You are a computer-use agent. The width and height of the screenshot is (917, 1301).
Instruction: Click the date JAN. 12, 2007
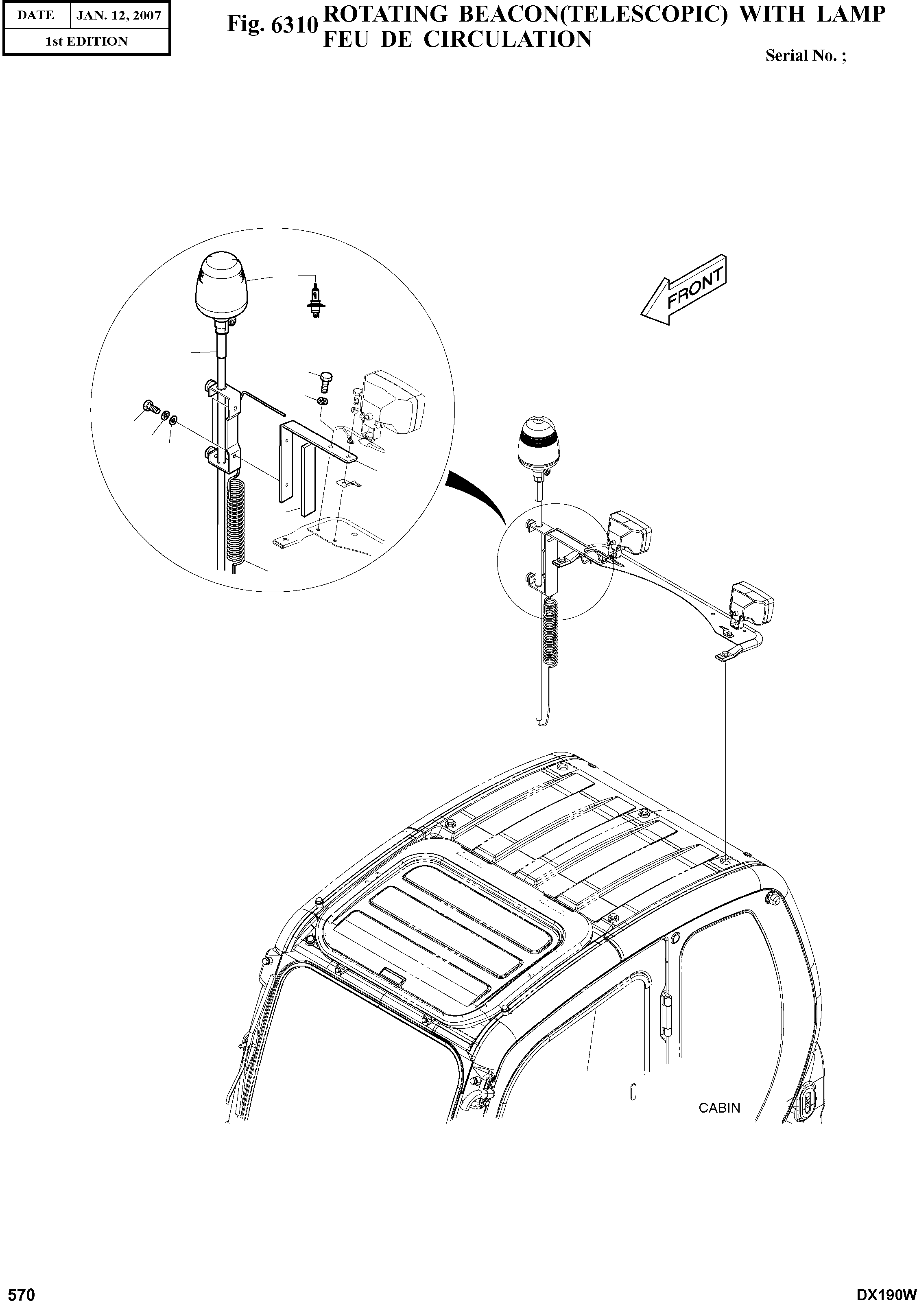pyautogui.click(x=119, y=15)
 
